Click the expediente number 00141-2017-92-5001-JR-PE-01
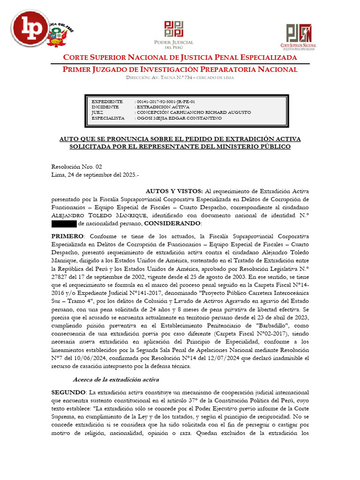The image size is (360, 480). click(165, 101)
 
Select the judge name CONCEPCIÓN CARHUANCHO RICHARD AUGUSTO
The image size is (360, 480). click(194, 112)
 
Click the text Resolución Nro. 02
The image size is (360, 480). click(76, 166)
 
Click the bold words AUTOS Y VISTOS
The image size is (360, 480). click(174, 191)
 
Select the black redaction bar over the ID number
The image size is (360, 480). click(63, 224)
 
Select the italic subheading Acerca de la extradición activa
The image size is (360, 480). click(116, 379)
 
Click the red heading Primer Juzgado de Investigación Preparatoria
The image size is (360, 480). click(180, 69)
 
